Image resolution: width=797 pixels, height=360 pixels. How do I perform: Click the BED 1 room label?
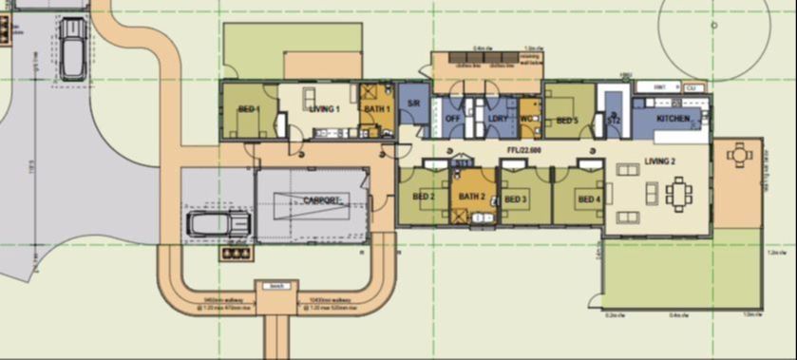pos(249,110)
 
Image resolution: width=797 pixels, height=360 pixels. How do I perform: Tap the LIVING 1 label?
pos(324,109)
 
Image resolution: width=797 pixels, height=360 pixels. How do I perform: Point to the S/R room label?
pos(414,102)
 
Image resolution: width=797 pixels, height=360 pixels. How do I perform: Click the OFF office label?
pos(452,119)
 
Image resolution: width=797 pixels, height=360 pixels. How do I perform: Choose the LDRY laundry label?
pos(498,119)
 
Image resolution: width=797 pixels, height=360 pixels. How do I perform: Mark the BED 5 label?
pos(567,121)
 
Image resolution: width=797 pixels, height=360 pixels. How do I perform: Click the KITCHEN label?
pos(673,119)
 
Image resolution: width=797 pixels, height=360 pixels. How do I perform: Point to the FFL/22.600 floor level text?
pos(525,150)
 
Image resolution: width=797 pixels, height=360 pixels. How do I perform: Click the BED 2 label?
pos(424,197)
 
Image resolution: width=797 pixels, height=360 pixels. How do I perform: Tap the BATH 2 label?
pos(472,197)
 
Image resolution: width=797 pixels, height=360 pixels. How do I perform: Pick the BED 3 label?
pos(516,199)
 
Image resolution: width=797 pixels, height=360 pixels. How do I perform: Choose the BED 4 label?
pos(589,199)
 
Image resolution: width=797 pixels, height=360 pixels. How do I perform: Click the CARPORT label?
pos(322,199)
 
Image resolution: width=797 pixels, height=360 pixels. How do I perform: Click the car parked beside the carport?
pos(218,224)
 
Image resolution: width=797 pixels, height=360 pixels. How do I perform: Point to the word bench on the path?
pos(276,285)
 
